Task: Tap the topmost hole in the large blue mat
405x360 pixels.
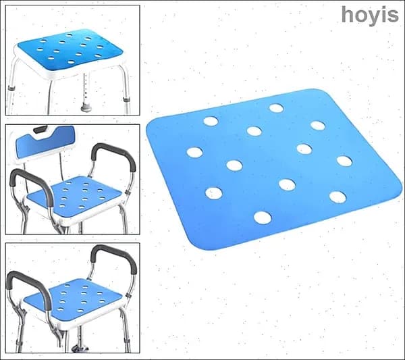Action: coord(276,108)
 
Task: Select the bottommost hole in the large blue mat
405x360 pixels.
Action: coord(263,218)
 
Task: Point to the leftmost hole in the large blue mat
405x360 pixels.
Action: coord(195,152)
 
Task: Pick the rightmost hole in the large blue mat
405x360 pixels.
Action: coord(344,161)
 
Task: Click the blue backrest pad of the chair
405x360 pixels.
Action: coord(45,143)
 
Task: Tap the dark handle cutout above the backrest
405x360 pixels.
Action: coord(40,129)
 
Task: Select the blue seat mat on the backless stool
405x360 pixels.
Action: coord(70,49)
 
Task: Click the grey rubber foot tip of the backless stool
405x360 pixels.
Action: coord(86,107)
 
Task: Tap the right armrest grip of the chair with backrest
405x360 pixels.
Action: coord(113,156)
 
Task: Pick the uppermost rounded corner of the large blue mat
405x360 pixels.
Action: coord(318,91)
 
